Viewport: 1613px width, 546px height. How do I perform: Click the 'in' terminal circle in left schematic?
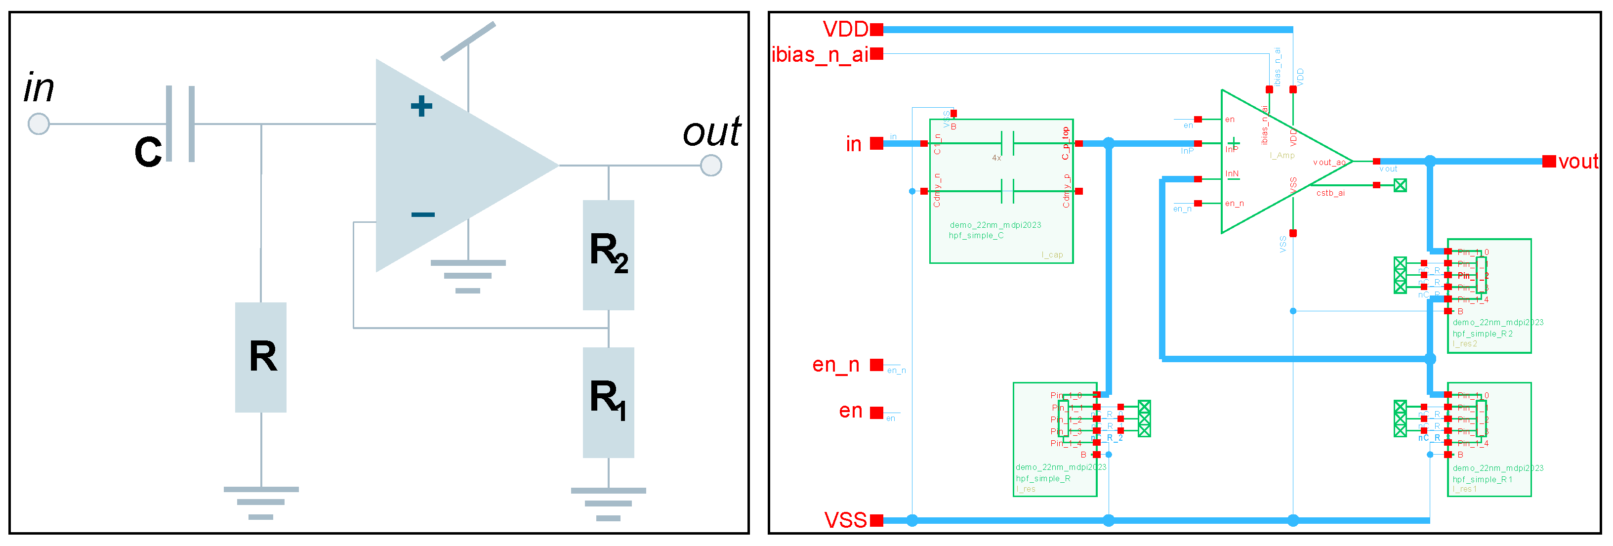(x=39, y=124)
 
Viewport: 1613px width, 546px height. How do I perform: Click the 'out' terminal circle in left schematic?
(x=711, y=166)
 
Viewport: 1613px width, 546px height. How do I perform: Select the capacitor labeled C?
(x=180, y=124)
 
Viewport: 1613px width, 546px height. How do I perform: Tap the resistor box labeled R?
(x=260, y=357)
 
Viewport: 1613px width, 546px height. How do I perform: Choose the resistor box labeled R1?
(x=608, y=402)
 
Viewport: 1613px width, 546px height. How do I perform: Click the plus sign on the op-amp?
(x=421, y=106)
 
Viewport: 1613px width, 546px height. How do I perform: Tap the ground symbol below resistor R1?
(x=608, y=504)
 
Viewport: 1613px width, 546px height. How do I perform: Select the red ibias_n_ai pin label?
(x=819, y=54)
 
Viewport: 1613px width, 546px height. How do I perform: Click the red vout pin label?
(x=1578, y=162)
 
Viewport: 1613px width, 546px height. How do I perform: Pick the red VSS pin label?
(x=845, y=520)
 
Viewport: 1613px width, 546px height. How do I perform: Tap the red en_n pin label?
(x=835, y=365)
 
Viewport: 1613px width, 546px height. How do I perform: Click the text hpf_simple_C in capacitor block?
(x=976, y=235)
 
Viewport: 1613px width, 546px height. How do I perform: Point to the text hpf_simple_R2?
(x=1482, y=334)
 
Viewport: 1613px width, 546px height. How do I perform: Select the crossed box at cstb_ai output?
(x=1400, y=185)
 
